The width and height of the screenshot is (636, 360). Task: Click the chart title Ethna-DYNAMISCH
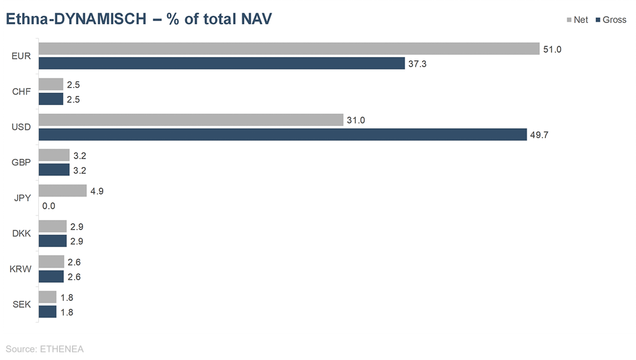(x=139, y=20)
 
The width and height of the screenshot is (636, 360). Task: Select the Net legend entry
(x=577, y=20)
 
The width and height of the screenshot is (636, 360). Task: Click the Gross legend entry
(x=611, y=20)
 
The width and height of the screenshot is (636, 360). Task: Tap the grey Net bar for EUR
(x=289, y=49)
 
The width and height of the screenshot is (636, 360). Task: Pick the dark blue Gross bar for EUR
(x=221, y=64)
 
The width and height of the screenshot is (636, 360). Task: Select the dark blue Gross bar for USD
(x=282, y=135)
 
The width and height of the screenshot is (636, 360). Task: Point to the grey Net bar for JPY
(x=62, y=191)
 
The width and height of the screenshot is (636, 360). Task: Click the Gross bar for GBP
(x=54, y=170)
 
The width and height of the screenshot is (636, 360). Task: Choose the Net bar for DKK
(x=53, y=226)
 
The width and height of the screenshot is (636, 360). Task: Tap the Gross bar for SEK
(x=48, y=312)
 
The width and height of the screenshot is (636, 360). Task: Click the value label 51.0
(x=552, y=49)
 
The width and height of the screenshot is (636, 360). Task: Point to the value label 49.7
(x=539, y=135)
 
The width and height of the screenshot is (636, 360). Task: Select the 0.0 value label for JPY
(x=49, y=206)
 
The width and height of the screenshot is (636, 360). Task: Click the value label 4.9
(x=98, y=191)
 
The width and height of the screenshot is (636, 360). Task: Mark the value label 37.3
(x=418, y=64)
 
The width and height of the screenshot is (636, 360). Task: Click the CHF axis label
(x=22, y=92)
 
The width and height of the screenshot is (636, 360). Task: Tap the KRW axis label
(x=21, y=269)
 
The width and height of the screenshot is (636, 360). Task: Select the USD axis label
(x=22, y=127)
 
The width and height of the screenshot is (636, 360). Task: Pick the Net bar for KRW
(x=52, y=262)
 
